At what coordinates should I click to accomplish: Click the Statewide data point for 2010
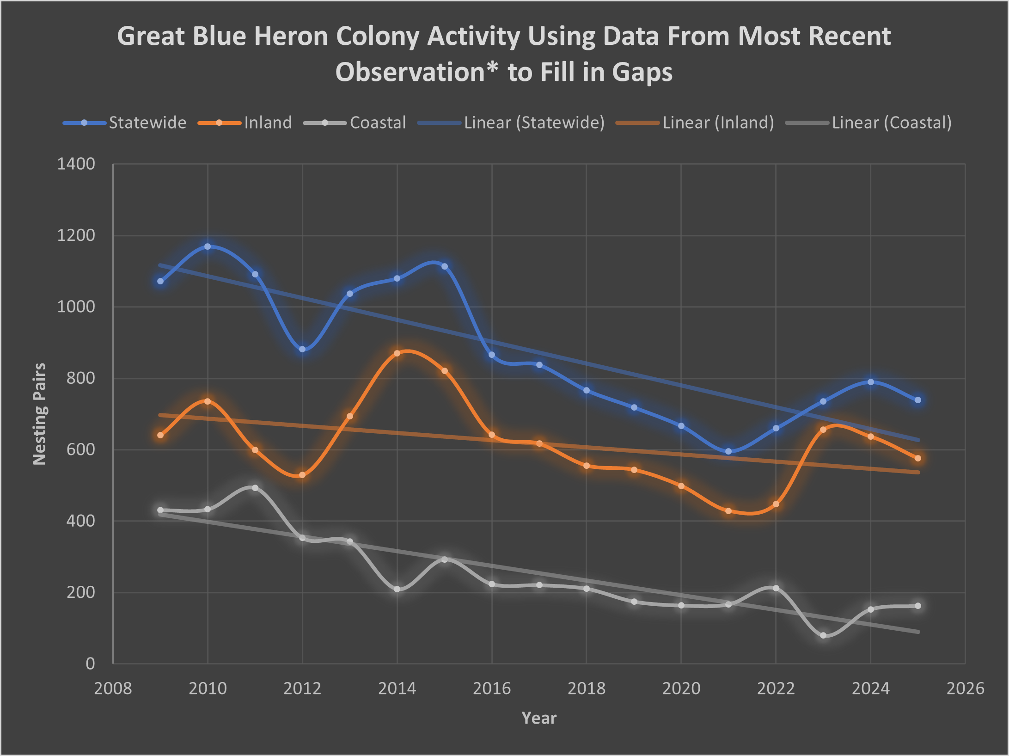click(208, 246)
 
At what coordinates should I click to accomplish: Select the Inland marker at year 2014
click(397, 353)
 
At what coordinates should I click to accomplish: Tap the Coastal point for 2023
click(823, 635)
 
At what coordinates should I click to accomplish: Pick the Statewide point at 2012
click(302, 349)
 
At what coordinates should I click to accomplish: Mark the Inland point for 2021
click(728, 511)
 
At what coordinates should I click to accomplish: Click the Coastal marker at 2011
click(255, 488)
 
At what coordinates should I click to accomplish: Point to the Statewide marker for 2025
click(918, 400)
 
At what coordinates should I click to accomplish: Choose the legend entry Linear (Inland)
click(718, 123)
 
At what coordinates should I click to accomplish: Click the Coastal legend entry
click(378, 123)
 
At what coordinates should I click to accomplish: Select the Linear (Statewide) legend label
click(534, 123)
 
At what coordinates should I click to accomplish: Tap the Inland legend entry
click(268, 123)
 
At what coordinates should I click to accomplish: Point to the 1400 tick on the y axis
click(76, 164)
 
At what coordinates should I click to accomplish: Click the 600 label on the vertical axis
click(81, 449)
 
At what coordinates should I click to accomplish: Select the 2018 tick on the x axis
click(586, 688)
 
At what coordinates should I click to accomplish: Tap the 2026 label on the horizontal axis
click(965, 688)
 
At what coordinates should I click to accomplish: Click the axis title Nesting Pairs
click(40, 414)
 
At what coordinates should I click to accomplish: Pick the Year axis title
click(539, 718)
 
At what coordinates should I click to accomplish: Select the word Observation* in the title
click(416, 72)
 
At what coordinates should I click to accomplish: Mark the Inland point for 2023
click(823, 430)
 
